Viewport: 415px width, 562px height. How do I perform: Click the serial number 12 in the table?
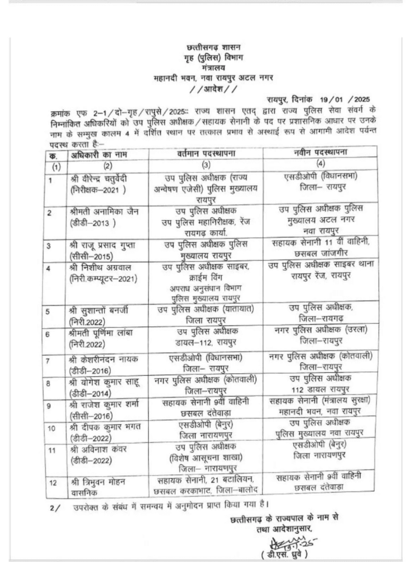(53, 482)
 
